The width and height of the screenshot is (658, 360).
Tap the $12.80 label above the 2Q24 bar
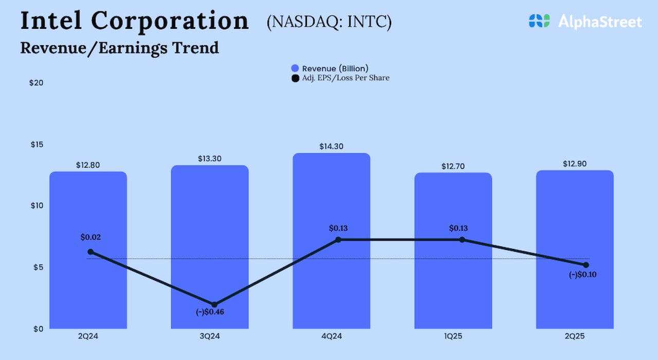pos(88,165)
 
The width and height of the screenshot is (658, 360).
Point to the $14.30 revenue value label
pos(332,147)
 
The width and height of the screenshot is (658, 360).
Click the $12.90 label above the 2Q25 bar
pos(575,164)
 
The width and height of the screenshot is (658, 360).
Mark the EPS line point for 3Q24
pos(214,305)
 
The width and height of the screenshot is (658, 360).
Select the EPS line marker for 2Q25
pos(586,265)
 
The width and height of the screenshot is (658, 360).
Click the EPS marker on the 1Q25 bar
pos(462,240)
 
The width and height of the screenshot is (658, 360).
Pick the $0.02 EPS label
pos(91,238)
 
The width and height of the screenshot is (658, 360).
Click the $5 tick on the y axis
pos(36,267)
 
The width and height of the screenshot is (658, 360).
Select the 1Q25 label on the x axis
pos(453,336)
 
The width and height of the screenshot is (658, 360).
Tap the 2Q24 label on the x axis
pos(88,336)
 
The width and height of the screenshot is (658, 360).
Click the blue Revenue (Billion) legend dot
pos(295,68)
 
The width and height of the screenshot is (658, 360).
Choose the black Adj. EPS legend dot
pos(295,78)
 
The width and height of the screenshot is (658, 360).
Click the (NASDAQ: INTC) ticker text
pos(329,23)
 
